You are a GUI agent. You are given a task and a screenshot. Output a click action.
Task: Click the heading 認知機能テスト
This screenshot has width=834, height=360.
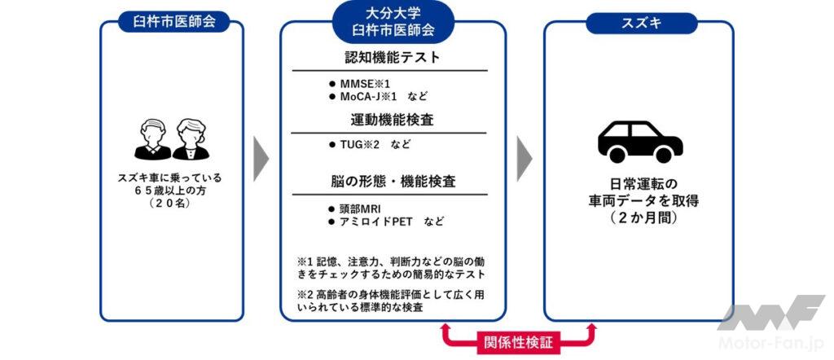pos(393,58)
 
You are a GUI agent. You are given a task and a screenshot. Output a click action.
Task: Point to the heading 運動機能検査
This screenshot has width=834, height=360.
pos(393,120)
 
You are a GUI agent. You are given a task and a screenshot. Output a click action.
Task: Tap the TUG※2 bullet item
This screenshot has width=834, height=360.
pos(353,145)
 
